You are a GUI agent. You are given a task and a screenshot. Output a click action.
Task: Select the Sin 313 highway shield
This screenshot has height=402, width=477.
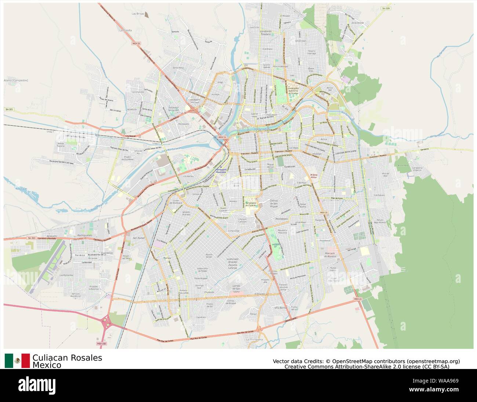click(32, 238)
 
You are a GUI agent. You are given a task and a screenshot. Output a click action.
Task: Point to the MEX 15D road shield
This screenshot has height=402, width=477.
click(101, 344)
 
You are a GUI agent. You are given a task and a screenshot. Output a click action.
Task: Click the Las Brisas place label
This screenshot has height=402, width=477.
click(138, 13)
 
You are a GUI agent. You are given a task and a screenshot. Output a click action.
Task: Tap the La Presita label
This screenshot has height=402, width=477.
click(125, 30)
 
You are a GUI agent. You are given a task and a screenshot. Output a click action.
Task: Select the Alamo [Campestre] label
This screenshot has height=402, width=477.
click(16, 80)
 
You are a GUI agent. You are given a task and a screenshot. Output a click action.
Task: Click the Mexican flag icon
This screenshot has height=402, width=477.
click(17, 361)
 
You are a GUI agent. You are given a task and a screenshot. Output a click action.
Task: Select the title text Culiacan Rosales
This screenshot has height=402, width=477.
click(67, 358)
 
